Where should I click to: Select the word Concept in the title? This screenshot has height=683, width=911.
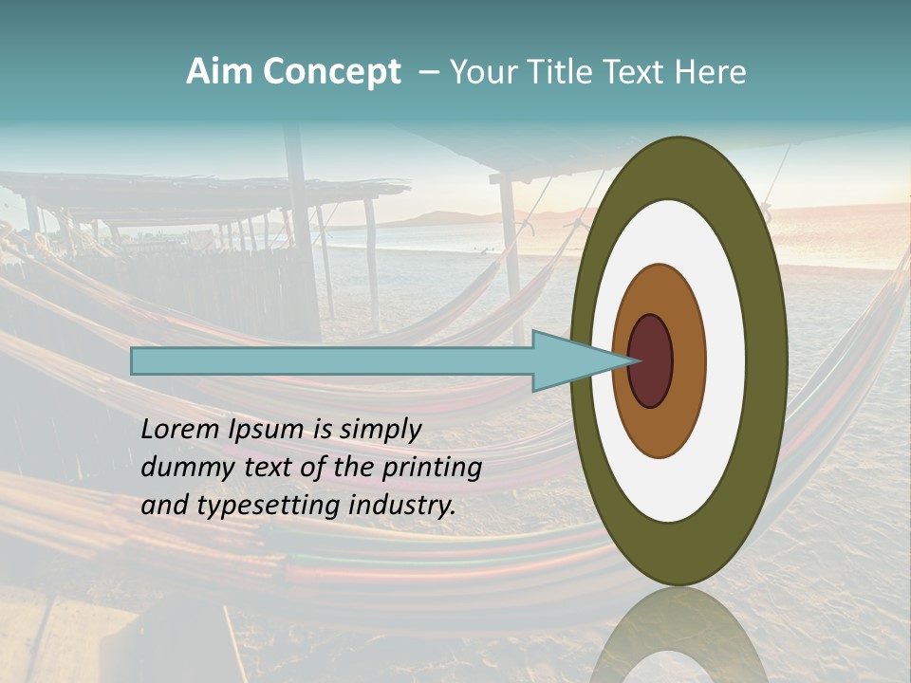(x=331, y=72)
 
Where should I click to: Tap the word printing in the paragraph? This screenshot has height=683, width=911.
(x=432, y=468)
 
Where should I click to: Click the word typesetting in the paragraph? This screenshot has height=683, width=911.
(x=268, y=506)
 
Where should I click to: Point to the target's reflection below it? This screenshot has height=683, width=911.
(x=679, y=636)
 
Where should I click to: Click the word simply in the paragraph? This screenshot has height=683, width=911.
(x=381, y=430)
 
